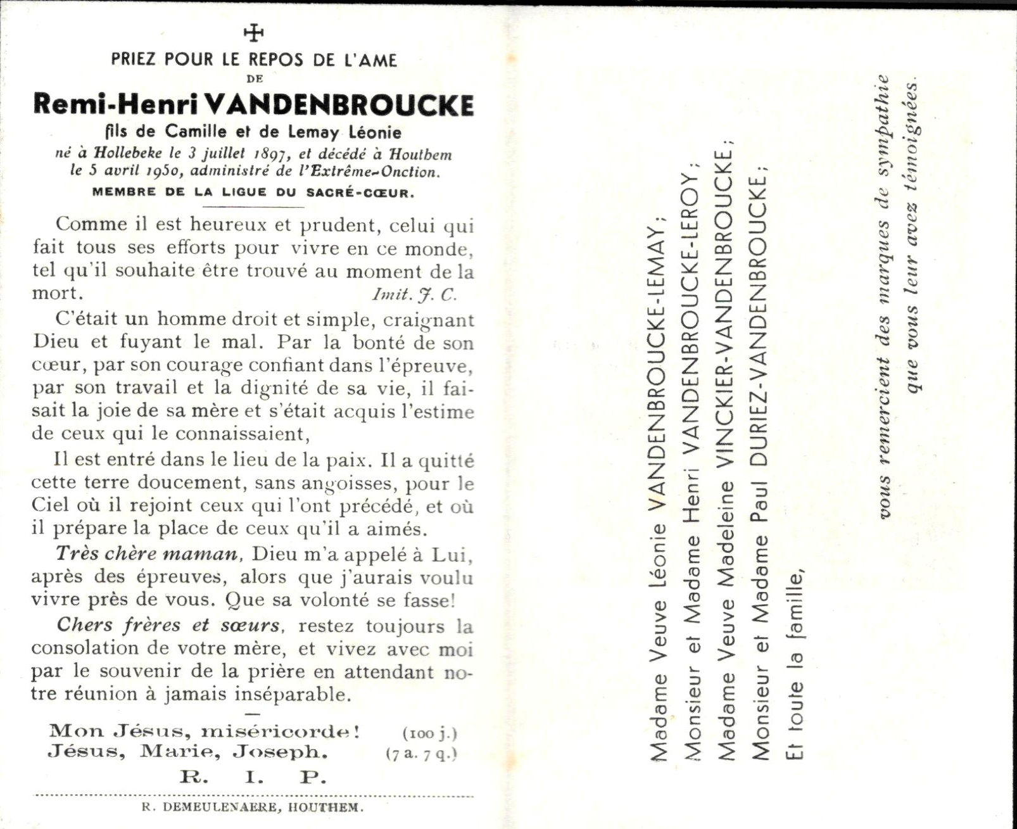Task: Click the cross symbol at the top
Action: coord(253,32)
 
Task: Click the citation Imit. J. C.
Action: coord(414,294)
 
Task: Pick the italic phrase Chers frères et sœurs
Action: coord(168,625)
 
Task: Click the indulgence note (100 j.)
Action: coord(429,733)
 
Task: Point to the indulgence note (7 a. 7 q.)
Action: coord(421,754)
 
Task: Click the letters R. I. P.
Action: coord(253,776)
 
